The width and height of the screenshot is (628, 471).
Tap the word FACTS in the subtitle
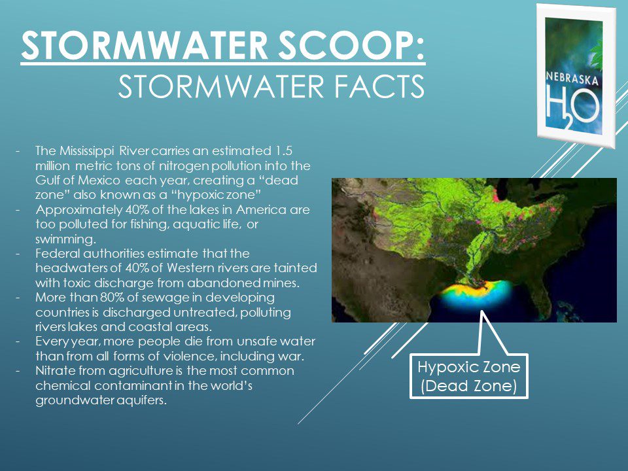[379, 86]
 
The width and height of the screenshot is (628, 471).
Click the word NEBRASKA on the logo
[572, 78]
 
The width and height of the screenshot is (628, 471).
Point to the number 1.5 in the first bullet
[282, 151]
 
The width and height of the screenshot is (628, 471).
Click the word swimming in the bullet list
[65, 240]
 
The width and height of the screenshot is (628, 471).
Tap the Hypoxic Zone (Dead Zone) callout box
[468, 376]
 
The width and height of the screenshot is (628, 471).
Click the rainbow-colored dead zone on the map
[477, 294]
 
